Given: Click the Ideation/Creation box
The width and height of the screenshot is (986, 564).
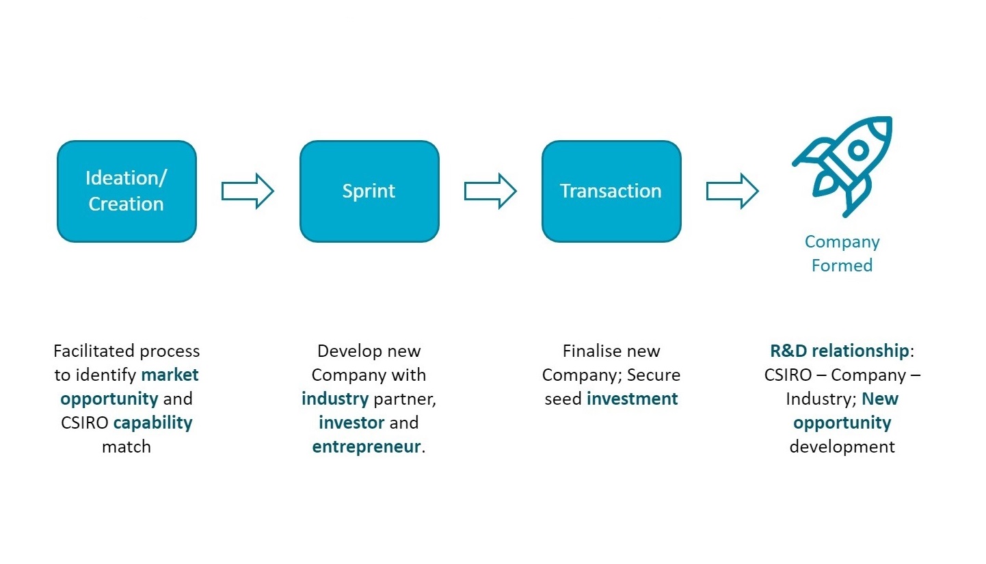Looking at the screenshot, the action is [126, 191].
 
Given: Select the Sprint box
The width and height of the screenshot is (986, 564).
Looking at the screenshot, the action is [369, 191].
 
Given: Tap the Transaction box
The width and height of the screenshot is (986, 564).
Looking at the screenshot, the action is [611, 191].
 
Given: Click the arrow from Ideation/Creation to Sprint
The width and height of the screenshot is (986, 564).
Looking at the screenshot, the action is [248, 191].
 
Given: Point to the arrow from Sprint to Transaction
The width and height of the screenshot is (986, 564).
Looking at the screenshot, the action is [490, 191].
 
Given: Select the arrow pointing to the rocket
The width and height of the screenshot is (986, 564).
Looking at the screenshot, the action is [732, 191].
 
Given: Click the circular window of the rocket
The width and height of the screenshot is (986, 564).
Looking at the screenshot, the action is [858, 150].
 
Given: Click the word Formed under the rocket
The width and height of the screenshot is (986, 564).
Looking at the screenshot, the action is [842, 266].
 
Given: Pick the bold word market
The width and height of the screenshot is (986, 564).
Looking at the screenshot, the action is [170, 375].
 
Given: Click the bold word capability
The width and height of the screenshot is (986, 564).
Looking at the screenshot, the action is [152, 422].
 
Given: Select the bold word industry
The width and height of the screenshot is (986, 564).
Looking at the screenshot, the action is [335, 399].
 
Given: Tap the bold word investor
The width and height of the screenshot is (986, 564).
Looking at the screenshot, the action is [351, 422].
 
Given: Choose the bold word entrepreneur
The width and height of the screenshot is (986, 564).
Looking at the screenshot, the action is [367, 447].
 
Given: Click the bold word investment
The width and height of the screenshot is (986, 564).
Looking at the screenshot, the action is [632, 399].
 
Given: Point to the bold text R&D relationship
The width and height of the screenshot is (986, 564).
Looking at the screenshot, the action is [840, 351].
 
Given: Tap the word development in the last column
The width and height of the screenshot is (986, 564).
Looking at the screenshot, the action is [842, 447].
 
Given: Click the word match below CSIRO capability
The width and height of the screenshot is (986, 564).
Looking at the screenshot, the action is [126, 447].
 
